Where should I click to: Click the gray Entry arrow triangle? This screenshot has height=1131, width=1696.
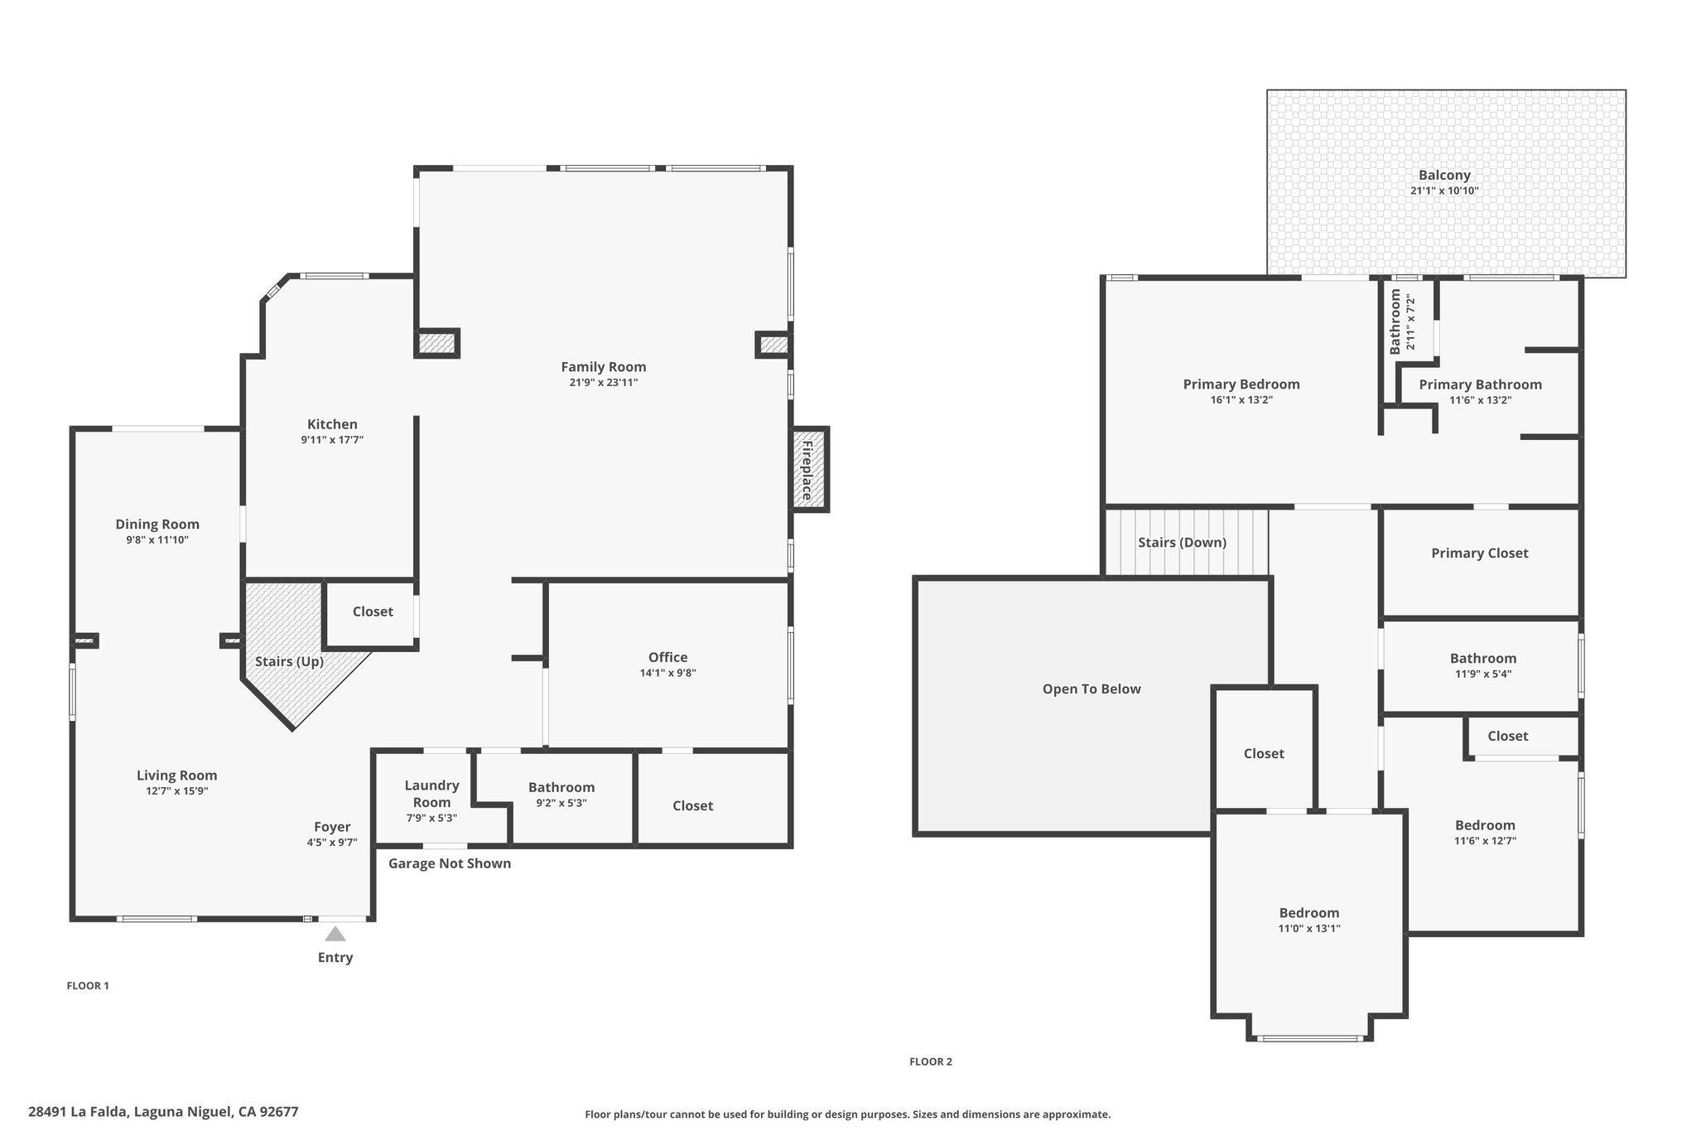(x=335, y=934)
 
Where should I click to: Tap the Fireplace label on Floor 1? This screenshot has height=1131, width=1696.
(x=807, y=470)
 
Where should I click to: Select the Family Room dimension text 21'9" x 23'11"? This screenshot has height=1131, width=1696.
(x=603, y=383)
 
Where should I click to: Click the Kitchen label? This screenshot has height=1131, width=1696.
(x=332, y=424)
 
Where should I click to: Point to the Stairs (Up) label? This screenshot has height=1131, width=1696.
(x=289, y=661)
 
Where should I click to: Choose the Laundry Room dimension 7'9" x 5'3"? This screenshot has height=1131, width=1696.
(x=431, y=818)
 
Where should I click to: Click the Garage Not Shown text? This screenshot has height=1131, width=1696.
(x=450, y=863)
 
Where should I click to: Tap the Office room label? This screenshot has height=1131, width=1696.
(x=667, y=657)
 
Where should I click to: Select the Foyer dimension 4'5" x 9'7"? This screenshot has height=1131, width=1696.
(x=331, y=843)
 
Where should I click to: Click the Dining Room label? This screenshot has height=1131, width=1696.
(x=157, y=524)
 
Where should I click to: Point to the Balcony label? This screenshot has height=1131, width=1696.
(x=1444, y=176)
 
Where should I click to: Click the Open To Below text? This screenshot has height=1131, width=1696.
(x=1091, y=689)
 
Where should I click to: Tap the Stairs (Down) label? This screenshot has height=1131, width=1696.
(x=1182, y=543)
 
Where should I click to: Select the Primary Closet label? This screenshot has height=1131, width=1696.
(x=1480, y=553)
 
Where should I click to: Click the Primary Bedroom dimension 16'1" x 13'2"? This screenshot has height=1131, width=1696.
(x=1241, y=400)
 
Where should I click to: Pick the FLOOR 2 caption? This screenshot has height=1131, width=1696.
(x=931, y=1061)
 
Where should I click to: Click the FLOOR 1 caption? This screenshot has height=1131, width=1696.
(x=88, y=986)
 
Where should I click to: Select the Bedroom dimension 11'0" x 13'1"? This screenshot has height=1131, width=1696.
(x=1309, y=929)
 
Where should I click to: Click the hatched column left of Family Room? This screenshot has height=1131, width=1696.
(x=436, y=343)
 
